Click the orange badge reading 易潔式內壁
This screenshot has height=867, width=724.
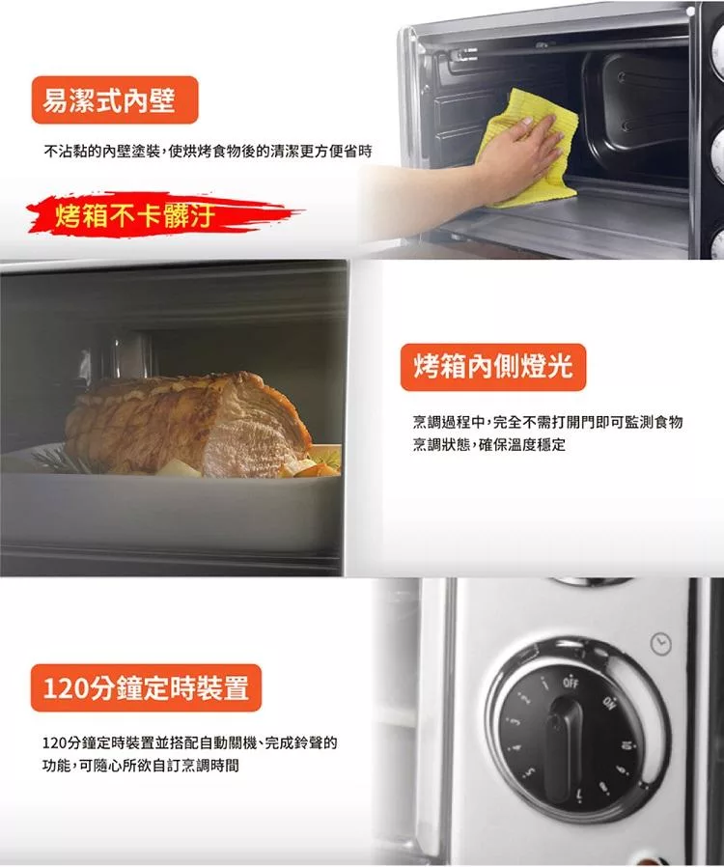(x=115, y=100)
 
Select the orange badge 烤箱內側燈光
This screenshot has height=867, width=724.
(x=493, y=367)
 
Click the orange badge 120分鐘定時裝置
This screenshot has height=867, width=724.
(x=146, y=687)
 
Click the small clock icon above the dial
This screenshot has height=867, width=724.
(x=660, y=644)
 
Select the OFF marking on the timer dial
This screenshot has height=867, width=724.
(x=571, y=683)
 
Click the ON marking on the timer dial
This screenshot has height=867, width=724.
(x=609, y=703)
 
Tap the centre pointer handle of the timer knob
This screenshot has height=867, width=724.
(x=564, y=749)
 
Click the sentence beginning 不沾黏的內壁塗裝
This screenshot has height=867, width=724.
(x=208, y=151)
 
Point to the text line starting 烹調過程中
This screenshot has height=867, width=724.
(x=547, y=423)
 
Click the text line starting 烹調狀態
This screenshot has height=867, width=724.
(x=489, y=444)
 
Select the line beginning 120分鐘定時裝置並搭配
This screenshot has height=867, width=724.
(x=189, y=742)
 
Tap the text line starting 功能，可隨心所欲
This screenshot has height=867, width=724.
(x=140, y=766)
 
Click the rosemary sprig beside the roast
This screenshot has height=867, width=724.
(x=55, y=459)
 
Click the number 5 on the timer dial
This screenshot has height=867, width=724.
(x=528, y=771)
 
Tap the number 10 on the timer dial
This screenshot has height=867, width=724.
(x=627, y=744)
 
